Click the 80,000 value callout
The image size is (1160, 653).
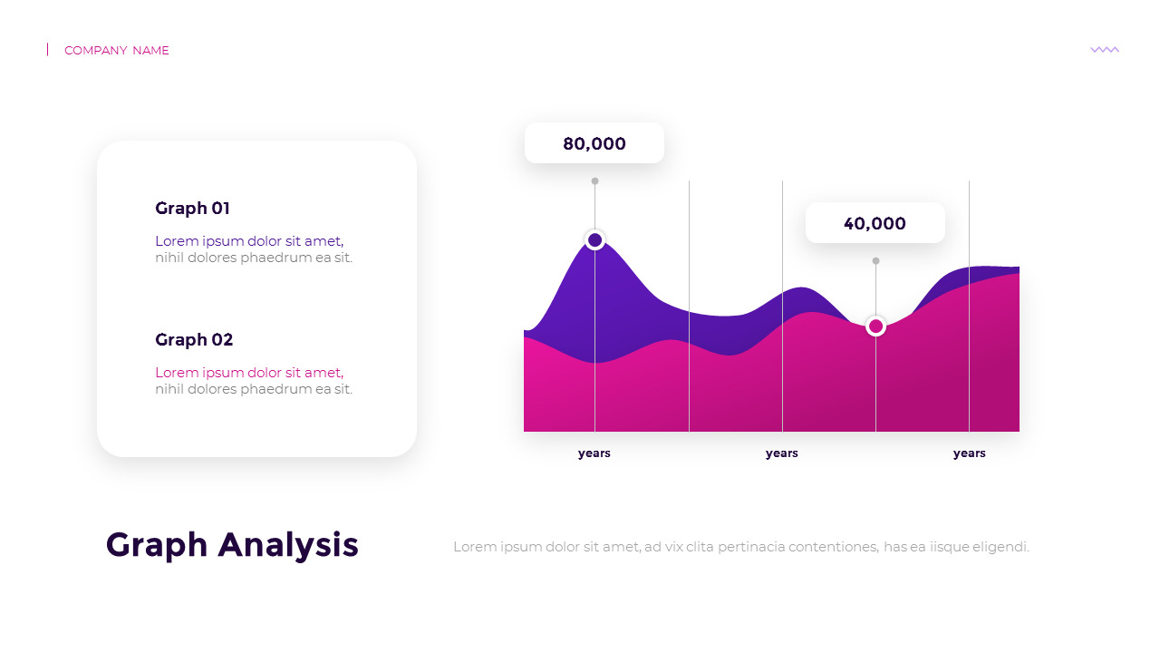pos(594,143)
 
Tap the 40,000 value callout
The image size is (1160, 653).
pos(875,223)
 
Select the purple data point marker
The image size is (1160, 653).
pos(595,240)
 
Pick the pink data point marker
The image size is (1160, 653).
pos(875,326)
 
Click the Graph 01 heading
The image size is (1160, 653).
pos(192,209)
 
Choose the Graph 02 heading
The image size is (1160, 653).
pos(194,339)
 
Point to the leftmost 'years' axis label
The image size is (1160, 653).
pos(594,453)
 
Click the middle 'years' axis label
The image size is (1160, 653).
pos(781,453)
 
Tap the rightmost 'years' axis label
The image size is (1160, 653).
pos(969,453)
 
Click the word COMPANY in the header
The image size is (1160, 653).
pos(96,50)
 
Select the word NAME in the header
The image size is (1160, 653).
pos(150,50)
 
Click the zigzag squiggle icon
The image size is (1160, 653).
pos(1105,50)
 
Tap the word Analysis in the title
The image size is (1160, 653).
pos(288,546)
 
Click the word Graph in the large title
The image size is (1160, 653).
pos(157,546)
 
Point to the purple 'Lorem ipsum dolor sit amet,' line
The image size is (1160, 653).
pos(249,241)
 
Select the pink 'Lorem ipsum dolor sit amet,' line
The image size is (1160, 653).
pos(249,373)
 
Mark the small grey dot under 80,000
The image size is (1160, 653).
pos(595,180)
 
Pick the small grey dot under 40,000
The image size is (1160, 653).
pos(875,260)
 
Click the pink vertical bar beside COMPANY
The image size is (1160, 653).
pos(48,49)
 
